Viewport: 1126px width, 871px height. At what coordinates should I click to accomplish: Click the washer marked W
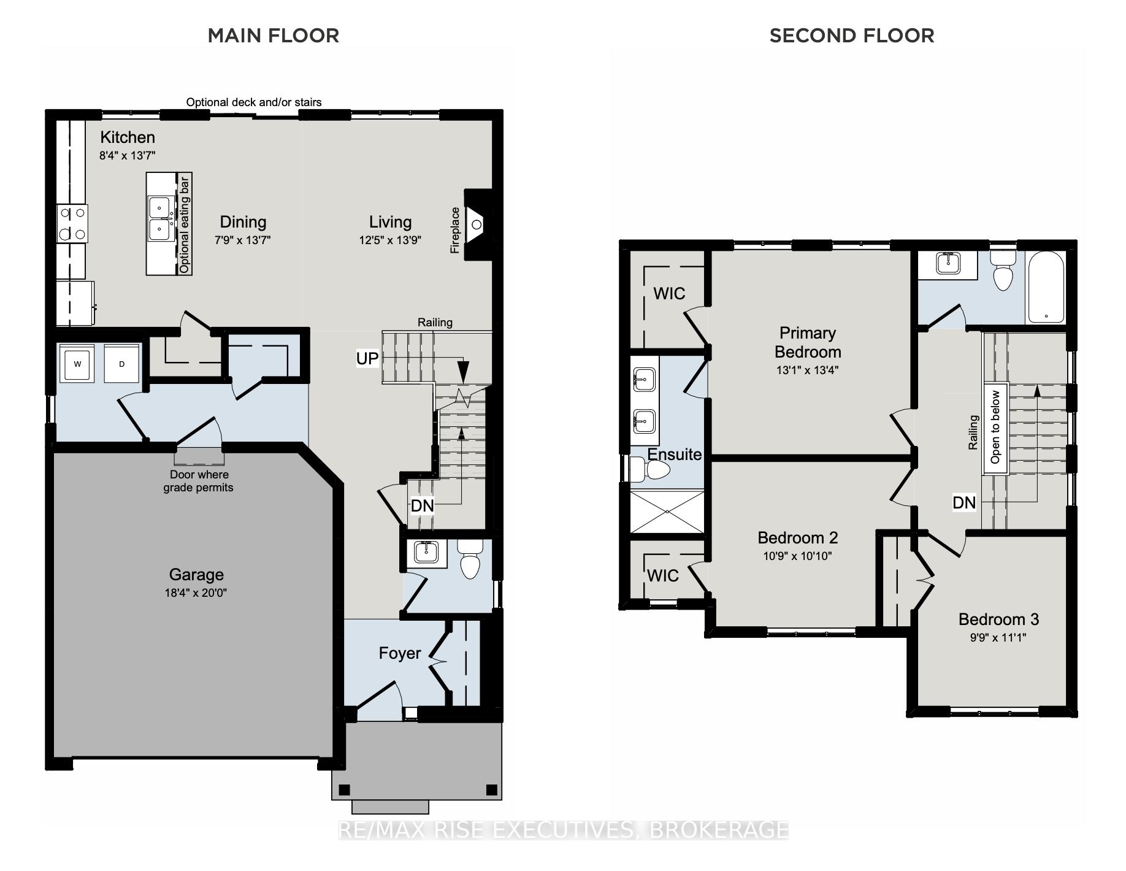77,364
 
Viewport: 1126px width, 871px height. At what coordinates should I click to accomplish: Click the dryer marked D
122,364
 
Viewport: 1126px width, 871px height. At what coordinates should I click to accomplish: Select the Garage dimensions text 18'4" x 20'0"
196,593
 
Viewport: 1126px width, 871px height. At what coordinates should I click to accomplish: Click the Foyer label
400,653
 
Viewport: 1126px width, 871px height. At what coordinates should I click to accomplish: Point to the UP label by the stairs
367,358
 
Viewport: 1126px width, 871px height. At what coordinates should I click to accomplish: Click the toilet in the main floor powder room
470,559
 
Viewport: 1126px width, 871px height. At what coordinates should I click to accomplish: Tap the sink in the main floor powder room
426,552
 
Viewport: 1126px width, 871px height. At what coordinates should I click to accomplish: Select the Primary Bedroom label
808,342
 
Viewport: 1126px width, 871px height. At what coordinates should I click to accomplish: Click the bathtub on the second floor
1046,286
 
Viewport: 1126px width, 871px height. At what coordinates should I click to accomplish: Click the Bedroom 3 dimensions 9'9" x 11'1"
998,637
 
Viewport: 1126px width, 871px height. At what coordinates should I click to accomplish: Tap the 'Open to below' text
995,428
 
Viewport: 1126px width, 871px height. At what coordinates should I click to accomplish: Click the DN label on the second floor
964,503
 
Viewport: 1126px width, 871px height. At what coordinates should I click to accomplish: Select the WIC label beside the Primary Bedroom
669,294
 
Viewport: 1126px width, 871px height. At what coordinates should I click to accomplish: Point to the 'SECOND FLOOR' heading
852,36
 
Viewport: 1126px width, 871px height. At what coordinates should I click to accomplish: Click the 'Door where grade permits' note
199,481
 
